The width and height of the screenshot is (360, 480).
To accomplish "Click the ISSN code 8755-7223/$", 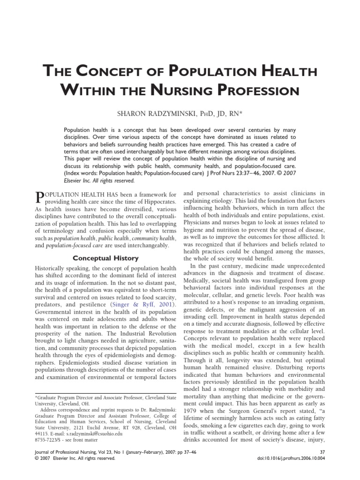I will [48, 441].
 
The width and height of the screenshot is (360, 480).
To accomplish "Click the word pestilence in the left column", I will [92, 305].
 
